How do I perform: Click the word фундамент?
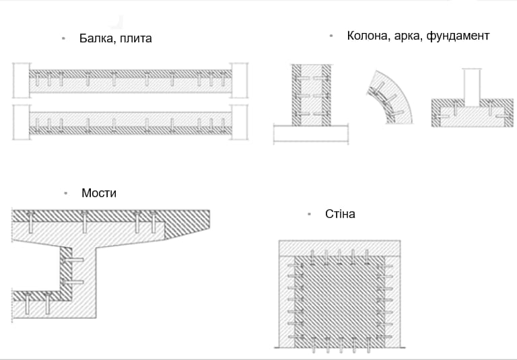458,36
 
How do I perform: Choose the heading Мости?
99,193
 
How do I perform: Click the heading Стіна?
340,214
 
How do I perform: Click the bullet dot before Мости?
65,193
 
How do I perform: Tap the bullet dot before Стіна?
309,214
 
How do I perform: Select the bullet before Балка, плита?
63,38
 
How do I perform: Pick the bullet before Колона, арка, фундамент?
331,36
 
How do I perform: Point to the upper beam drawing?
130,81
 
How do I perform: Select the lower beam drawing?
130,122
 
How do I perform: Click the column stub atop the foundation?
472,85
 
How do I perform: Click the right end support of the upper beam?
239,81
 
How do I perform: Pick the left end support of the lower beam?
20,122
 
